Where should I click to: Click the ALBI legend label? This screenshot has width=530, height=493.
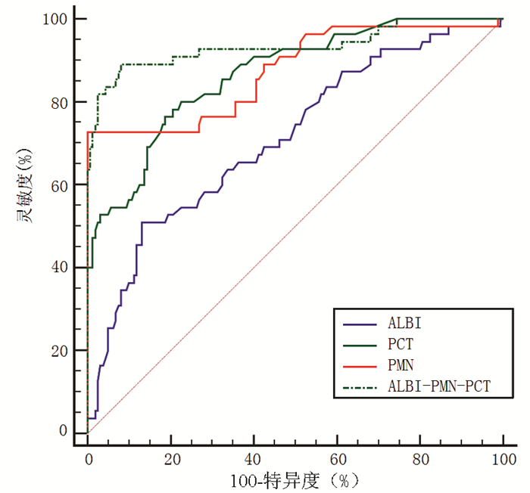tap(405, 323)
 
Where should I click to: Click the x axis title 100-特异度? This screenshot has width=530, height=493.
tap(295, 480)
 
